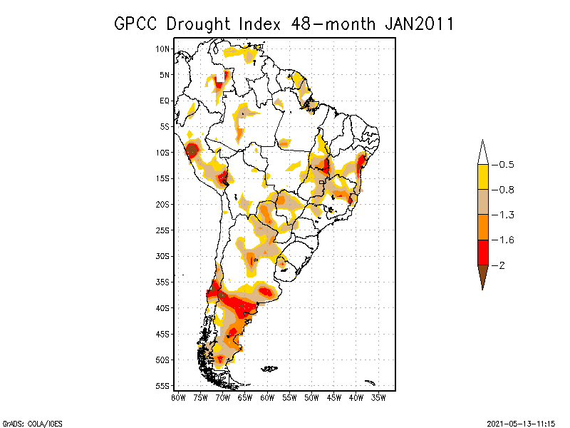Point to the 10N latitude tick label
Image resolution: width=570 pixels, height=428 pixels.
[162, 49]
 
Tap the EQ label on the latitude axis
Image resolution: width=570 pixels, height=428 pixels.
[164, 101]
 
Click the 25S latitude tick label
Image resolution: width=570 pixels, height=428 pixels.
[162, 230]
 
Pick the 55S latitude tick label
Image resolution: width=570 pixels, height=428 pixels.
[162, 386]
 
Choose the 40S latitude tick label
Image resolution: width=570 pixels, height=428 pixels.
[162, 308]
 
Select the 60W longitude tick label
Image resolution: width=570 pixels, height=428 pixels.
[267, 397]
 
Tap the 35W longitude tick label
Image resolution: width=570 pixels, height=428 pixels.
[379, 397]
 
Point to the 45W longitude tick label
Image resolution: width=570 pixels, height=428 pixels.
[334, 397]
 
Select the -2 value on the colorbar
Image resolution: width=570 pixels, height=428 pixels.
[499, 265]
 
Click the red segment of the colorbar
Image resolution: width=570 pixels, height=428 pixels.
[482, 252]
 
